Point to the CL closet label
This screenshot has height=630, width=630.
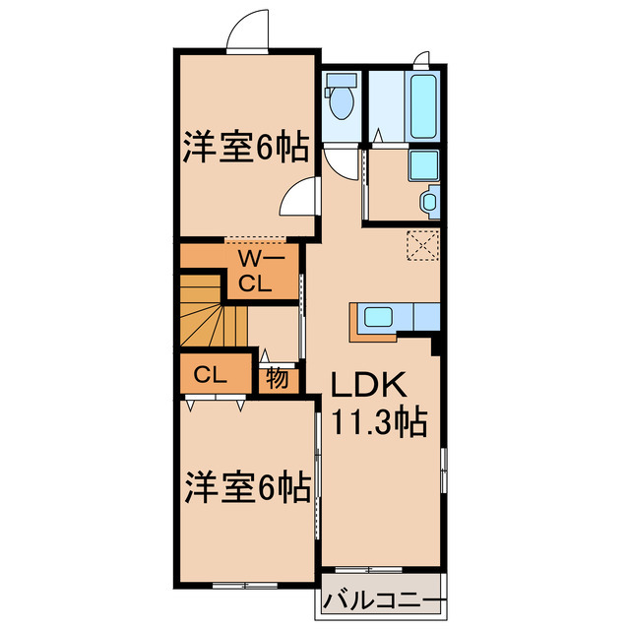210,374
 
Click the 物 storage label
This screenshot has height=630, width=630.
277,377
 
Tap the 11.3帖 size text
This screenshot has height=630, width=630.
378,423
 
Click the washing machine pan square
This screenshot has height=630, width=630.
424,165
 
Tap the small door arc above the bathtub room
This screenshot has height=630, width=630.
421,57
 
